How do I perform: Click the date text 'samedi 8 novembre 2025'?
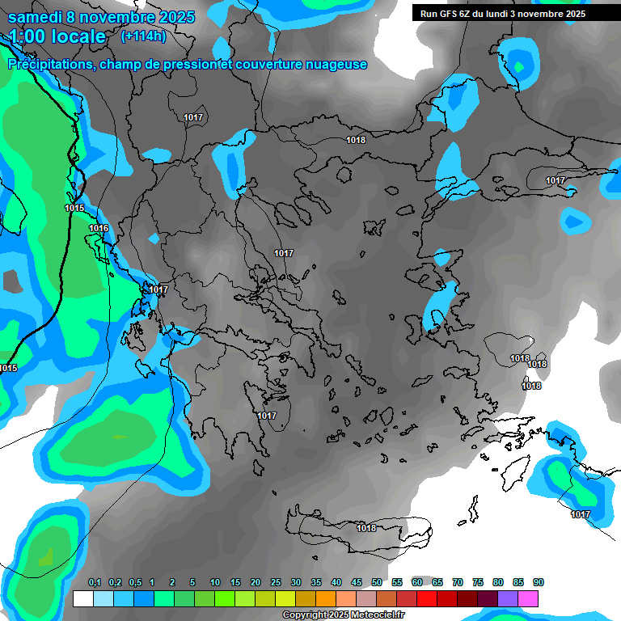point(101,17)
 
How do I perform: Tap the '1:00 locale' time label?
point(57,36)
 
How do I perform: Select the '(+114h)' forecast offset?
point(143,36)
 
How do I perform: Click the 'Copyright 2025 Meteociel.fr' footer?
point(343,615)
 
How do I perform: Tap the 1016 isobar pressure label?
point(99,229)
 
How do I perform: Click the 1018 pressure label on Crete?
point(366,528)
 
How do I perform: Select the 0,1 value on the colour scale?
point(94,583)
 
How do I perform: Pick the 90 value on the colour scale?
point(539,583)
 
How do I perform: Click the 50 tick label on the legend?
point(377,583)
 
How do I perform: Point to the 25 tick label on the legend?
point(276,583)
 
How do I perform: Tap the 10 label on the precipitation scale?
point(215,583)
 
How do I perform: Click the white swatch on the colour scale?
point(83,598)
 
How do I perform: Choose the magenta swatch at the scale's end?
point(528,598)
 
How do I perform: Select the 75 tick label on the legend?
point(478,583)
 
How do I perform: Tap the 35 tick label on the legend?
point(316,583)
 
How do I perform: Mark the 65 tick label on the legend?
point(437,583)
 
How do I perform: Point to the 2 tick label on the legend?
point(173,583)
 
